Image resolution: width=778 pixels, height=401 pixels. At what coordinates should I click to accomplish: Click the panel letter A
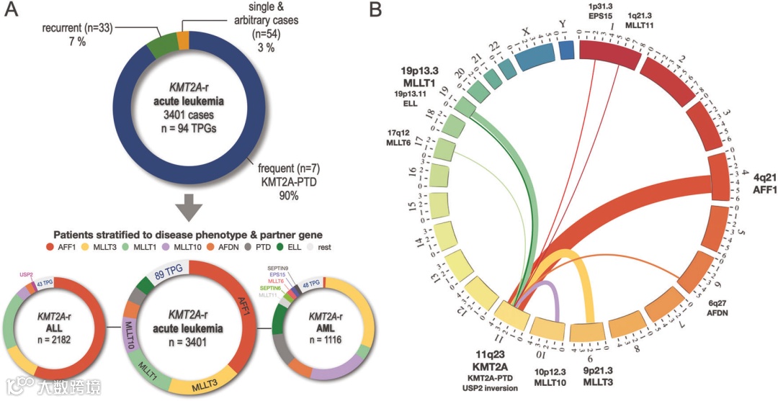12,12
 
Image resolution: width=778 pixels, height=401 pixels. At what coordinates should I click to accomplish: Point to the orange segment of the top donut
183,40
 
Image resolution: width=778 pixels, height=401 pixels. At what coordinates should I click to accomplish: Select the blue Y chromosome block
566,50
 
